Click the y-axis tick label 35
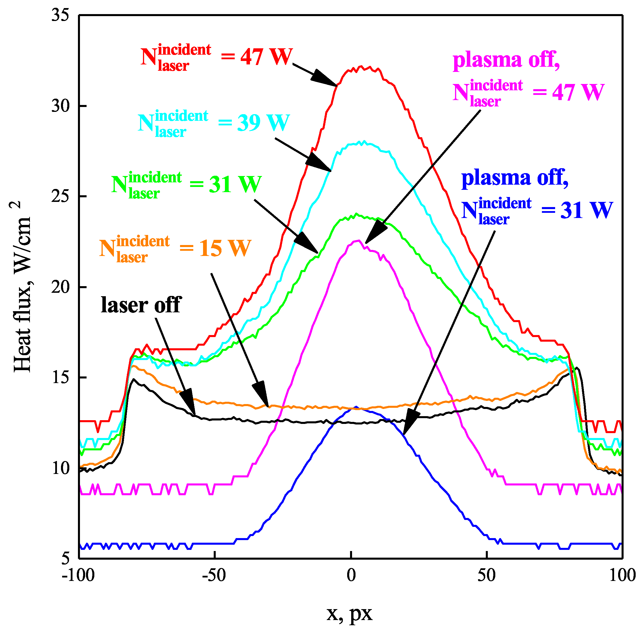60,15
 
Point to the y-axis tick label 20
60,287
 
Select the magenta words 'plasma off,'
506,60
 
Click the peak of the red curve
360,67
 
